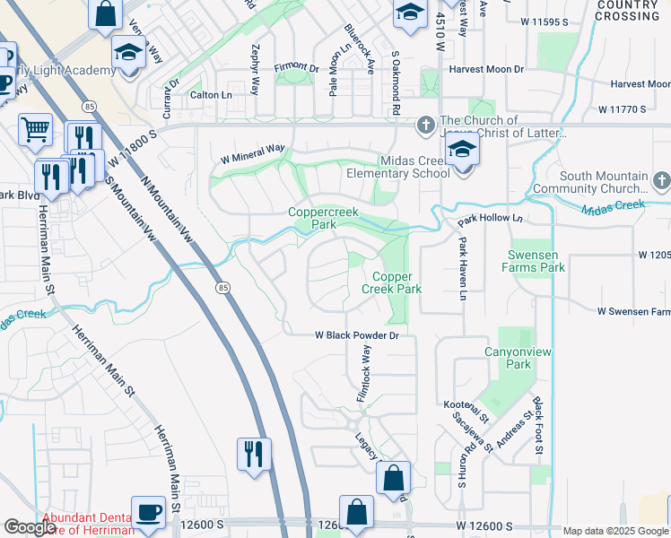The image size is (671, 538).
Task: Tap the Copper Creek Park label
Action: pyautogui.click(x=391, y=282)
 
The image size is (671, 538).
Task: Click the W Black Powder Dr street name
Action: pyautogui.click(x=355, y=335)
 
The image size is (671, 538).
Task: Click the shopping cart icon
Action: pyautogui.click(x=35, y=128)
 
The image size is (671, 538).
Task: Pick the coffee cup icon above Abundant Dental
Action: pyautogui.click(x=148, y=512)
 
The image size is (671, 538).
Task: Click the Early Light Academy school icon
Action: pyautogui.click(x=128, y=52)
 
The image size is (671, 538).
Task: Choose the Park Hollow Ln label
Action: pyautogui.click(x=489, y=219)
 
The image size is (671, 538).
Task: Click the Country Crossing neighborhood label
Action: pyautogui.click(x=627, y=11)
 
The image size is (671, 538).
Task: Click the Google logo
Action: pyautogui.click(x=30, y=527)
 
